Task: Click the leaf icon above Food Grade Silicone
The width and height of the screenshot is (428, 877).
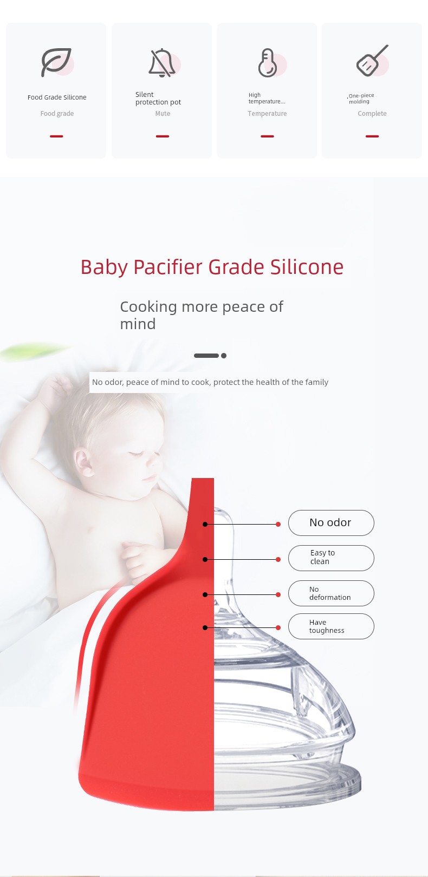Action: tap(56, 62)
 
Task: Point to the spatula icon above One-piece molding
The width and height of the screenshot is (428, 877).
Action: tap(372, 60)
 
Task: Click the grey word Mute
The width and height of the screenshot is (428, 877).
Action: tap(163, 114)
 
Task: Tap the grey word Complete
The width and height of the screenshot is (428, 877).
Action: tap(372, 114)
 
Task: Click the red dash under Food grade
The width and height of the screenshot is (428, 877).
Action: tap(56, 136)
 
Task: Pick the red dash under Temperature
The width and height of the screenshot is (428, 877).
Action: tap(267, 136)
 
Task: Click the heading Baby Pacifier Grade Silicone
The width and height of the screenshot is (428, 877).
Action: tap(212, 267)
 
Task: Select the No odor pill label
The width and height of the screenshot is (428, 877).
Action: tap(331, 522)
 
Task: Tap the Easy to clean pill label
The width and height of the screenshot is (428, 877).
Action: tap(331, 558)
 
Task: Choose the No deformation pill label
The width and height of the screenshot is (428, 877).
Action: tap(331, 593)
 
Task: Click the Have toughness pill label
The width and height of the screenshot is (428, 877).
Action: tap(331, 626)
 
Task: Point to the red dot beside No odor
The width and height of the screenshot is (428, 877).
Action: tap(278, 524)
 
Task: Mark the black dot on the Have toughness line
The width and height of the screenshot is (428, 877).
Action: tap(205, 627)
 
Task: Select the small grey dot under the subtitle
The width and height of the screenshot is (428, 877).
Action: tap(224, 356)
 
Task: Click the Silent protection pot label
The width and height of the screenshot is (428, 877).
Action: tap(158, 99)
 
